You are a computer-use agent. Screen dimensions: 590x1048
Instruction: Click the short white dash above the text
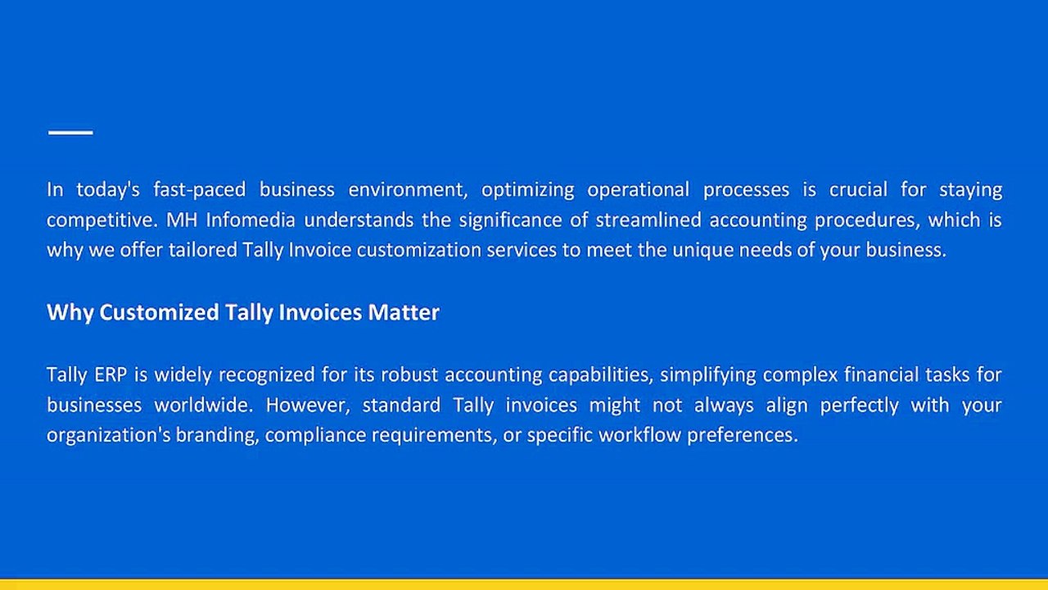click(x=70, y=132)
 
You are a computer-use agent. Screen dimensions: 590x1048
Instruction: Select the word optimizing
click(x=527, y=190)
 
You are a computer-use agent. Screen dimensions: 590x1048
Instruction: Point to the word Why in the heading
click(x=70, y=312)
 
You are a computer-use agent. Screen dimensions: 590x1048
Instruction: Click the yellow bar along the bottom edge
click(x=524, y=583)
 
